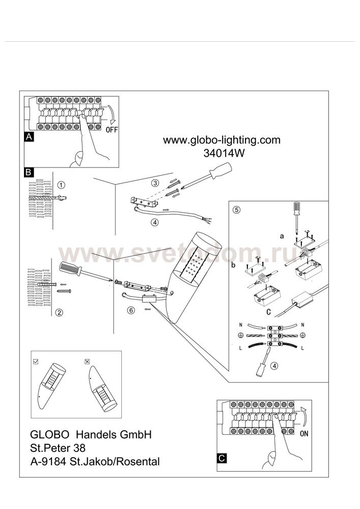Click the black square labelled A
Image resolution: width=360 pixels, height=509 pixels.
coord(29,137)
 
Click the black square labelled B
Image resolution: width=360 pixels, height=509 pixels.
coord(29,172)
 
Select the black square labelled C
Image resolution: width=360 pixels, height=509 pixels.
coord(221,458)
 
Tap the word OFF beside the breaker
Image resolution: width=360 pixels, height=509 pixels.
coord(112,130)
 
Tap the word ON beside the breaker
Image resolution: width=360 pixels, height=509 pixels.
coord(304,433)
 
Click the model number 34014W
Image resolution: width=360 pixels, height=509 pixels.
coord(224,153)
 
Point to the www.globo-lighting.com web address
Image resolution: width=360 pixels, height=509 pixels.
coord(221,140)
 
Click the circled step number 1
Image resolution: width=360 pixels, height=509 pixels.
coord(61,185)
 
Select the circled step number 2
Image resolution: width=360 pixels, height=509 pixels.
coord(59,313)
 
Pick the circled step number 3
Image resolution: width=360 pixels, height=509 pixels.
coord(156,183)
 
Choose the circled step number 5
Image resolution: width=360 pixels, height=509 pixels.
coord(237,210)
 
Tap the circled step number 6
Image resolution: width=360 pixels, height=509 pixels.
coord(131,310)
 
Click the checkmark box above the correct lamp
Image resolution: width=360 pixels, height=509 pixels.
coord(36,361)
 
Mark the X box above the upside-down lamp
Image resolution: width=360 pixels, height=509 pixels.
coord(87,361)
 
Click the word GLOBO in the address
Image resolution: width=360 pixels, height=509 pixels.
coord(49,434)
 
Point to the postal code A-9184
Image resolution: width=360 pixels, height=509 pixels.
coord(49,461)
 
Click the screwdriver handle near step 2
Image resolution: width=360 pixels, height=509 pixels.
coord(70,269)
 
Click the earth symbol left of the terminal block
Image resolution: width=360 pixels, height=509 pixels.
coord(240,335)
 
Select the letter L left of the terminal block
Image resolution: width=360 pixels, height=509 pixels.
coord(240,348)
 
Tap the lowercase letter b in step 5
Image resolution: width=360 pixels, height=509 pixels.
coord(233,265)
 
